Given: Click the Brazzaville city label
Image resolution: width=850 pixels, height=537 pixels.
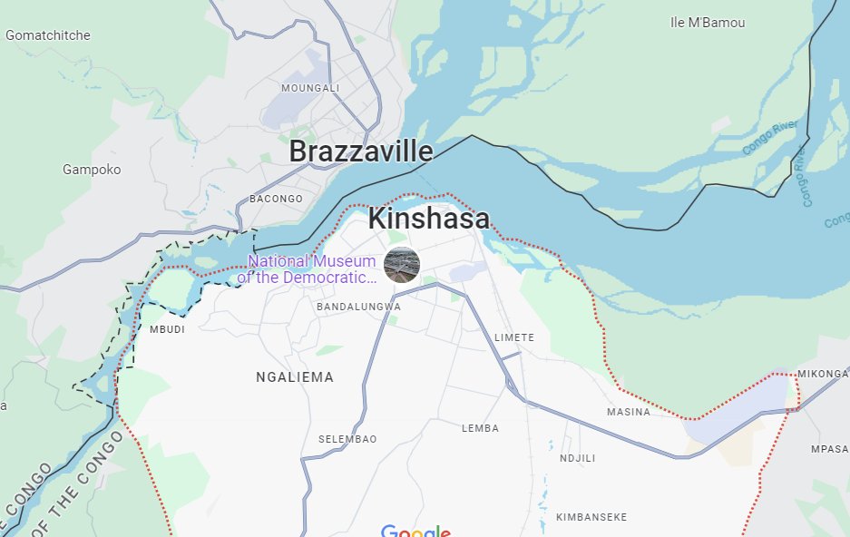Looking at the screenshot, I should tap(360, 152).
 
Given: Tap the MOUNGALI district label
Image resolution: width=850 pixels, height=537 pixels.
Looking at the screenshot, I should tap(310, 88).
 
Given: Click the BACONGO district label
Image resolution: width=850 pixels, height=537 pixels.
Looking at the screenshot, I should tap(276, 199).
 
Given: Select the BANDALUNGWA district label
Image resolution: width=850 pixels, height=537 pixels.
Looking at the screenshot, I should tap(358, 308).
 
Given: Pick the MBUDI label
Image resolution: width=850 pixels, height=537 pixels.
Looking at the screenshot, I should tap(167, 329).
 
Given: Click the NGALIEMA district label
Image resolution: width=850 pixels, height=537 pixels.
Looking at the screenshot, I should tap(295, 377).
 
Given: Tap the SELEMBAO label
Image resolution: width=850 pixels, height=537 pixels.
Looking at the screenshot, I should tap(347, 439).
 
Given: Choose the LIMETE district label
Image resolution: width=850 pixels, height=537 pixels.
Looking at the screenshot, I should tap(514, 337).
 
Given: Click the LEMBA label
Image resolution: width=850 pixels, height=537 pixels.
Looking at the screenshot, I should tap(481, 428).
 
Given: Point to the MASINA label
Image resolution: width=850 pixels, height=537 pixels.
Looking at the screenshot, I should tap(629, 412).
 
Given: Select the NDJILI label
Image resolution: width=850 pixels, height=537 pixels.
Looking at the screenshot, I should tap(577, 458).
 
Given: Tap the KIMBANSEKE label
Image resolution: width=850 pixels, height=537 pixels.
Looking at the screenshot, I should tap(591, 517).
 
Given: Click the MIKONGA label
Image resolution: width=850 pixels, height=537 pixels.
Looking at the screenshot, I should tap(823, 374).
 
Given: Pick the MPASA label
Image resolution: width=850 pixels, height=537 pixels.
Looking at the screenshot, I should tap(829, 449).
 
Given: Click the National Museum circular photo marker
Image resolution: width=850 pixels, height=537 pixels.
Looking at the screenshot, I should tap(402, 265).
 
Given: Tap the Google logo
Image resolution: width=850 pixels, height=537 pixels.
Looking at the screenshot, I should tap(415, 530).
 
